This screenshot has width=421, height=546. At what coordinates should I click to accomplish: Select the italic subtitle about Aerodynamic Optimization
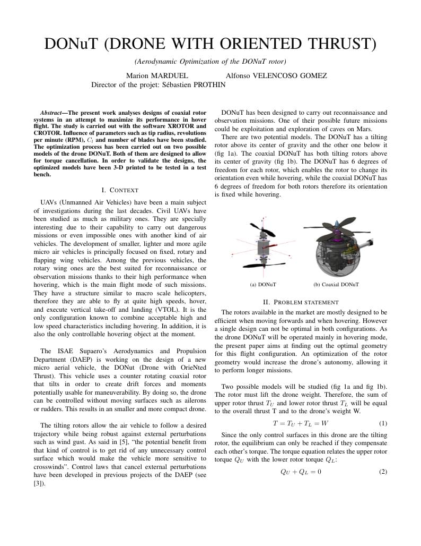point(210,62)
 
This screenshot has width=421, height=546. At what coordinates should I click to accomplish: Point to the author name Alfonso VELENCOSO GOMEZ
point(276,76)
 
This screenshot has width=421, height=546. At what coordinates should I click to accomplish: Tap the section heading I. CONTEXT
point(120,190)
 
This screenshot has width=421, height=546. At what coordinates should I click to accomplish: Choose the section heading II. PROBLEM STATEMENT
point(301,302)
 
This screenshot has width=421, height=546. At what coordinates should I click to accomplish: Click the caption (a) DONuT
point(263,285)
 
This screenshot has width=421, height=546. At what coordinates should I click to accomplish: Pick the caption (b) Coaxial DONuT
point(336,285)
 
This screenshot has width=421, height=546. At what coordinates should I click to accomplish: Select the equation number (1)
point(383,423)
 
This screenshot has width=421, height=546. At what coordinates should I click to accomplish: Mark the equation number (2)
point(383,471)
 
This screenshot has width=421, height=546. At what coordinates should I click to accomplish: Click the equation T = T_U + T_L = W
point(300,423)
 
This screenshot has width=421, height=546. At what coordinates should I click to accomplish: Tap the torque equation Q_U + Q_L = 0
point(300,471)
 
